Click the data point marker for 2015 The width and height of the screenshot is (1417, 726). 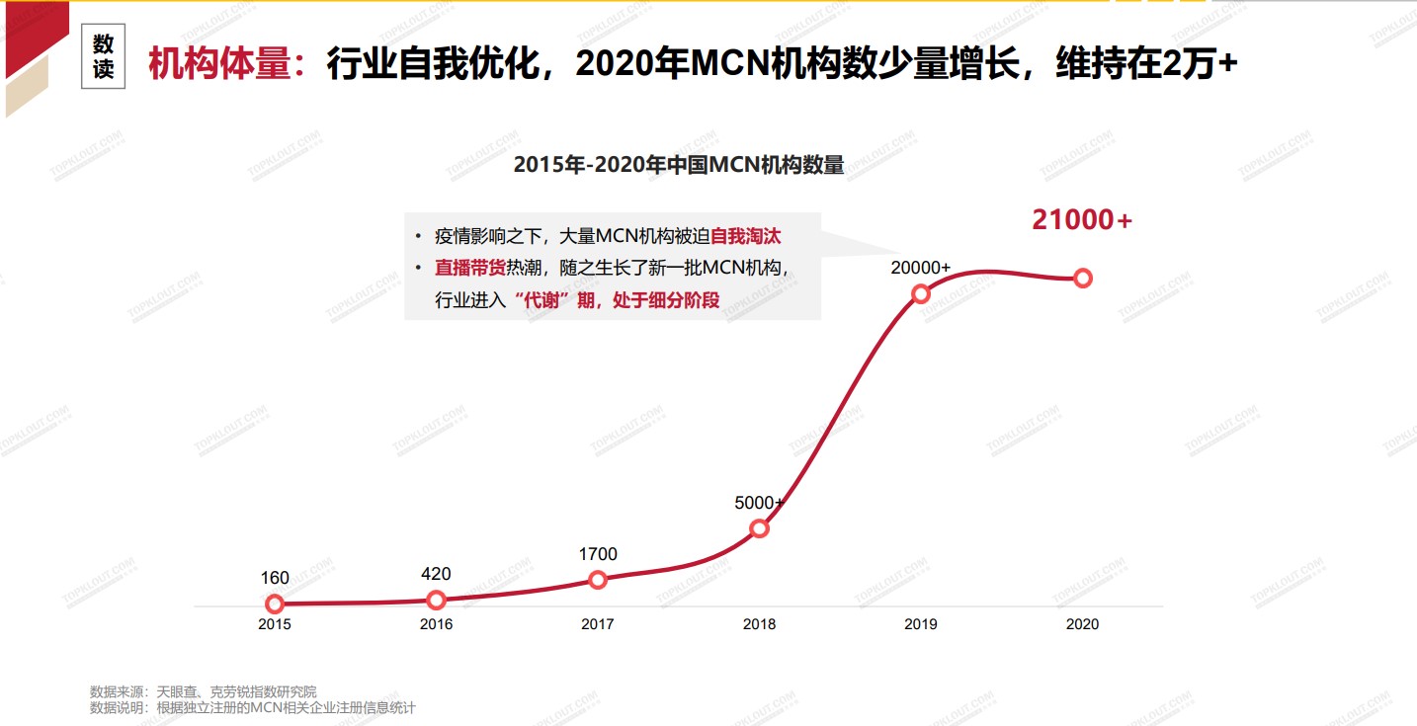(x=275, y=604)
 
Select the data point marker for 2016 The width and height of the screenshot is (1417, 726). (x=436, y=600)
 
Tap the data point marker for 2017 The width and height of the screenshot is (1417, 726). (x=597, y=580)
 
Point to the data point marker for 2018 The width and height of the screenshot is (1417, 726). (x=759, y=528)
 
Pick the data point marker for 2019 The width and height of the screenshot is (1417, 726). (x=920, y=293)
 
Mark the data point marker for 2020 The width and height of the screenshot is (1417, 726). (x=1082, y=279)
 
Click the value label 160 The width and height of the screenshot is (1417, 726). (x=275, y=578)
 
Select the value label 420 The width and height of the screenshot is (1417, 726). (x=436, y=574)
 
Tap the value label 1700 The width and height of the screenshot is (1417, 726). (x=598, y=554)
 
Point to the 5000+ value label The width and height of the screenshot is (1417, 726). (x=759, y=503)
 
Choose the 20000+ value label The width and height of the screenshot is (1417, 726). (x=920, y=268)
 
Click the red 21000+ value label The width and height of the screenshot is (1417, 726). (x=1082, y=220)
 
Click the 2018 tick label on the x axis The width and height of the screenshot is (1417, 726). (x=759, y=624)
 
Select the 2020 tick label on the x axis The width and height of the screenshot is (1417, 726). (x=1082, y=624)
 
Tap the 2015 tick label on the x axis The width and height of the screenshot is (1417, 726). (x=275, y=624)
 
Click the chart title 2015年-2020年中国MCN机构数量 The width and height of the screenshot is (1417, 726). (x=679, y=166)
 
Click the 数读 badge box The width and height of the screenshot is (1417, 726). (x=104, y=57)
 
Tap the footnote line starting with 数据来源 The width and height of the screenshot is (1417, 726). (x=204, y=691)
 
